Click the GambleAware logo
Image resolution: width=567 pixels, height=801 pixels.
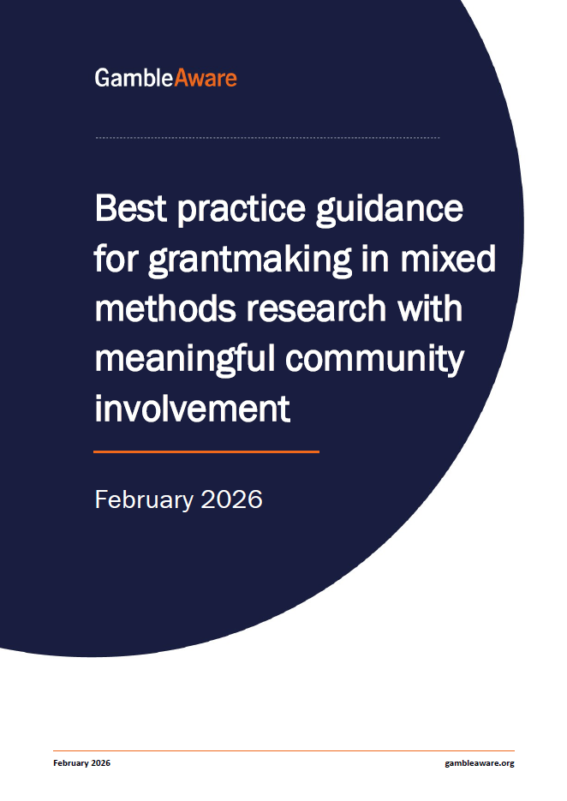click(x=166, y=78)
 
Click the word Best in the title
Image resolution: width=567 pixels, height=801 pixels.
click(x=131, y=208)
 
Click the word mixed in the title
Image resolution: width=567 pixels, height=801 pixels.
click(x=448, y=259)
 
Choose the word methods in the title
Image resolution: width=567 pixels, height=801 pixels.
click(x=165, y=308)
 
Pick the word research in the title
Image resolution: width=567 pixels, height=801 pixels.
click(x=316, y=309)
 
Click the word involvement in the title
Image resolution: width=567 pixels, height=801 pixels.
click(x=193, y=409)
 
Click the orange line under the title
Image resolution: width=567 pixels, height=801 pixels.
click(x=206, y=451)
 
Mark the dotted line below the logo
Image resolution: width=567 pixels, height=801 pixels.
click(x=268, y=137)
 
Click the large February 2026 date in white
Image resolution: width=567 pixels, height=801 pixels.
click(x=179, y=499)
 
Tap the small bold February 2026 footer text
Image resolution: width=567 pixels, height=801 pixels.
click(x=81, y=762)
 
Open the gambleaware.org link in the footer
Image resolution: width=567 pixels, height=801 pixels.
click(x=480, y=763)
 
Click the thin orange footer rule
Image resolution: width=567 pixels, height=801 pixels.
click(x=283, y=751)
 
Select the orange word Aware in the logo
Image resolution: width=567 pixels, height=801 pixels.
click(x=206, y=78)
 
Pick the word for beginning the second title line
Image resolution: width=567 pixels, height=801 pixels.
click(x=116, y=259)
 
